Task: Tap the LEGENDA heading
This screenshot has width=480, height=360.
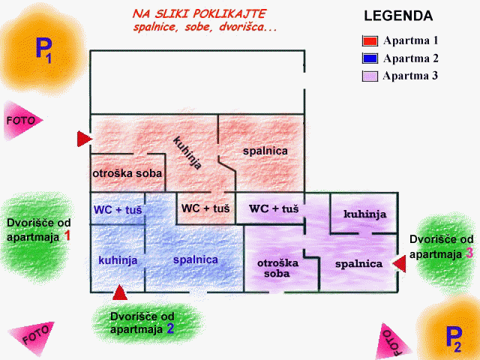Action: [397, 16]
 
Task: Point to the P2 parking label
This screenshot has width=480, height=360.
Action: [452, 338]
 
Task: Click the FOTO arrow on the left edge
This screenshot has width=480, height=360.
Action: [21, 120]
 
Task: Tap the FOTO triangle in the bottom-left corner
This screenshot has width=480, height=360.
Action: [34, 336]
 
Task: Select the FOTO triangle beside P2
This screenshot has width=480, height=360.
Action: [391, 341]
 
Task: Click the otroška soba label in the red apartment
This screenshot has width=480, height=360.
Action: [127, 174]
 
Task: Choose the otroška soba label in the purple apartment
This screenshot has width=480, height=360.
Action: [277, 268]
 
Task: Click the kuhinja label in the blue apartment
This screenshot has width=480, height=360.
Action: [118, 259]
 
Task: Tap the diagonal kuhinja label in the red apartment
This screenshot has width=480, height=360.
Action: [187, 152]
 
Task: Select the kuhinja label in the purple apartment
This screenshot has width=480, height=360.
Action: [364, 214]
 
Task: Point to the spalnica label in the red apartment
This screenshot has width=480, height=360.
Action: [265, 151]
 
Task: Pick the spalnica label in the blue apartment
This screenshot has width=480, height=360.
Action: [195, 259]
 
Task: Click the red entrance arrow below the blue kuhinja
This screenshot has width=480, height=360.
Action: [119, 292]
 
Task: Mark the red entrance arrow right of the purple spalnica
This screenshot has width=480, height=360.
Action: [400, 263]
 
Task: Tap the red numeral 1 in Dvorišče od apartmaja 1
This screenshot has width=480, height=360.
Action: [67, 235]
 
